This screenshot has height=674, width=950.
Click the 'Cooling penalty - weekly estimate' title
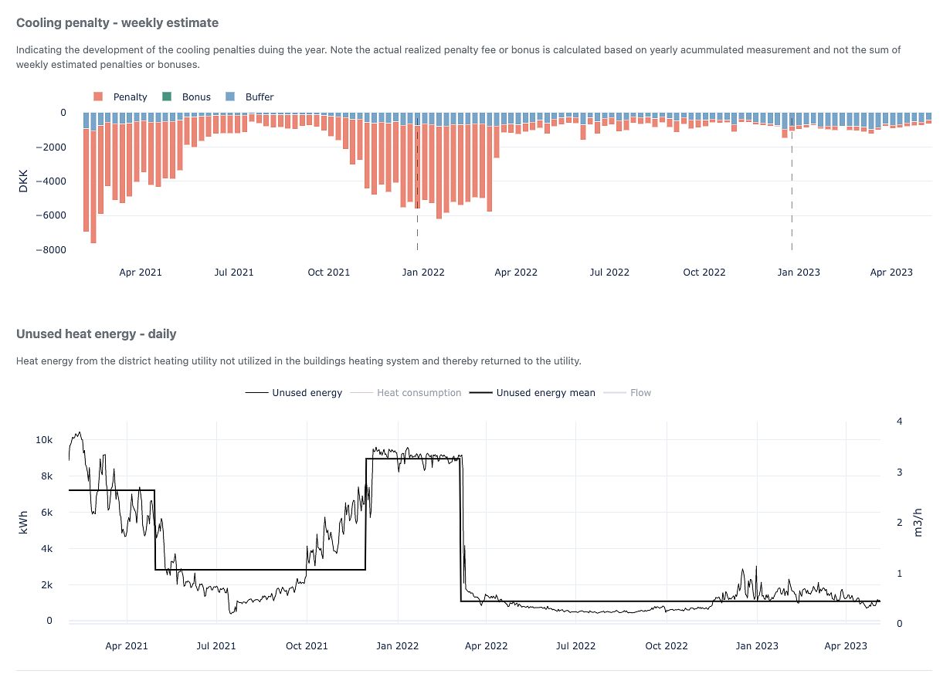point(117,23)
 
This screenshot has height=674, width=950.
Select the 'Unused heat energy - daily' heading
point(97,334)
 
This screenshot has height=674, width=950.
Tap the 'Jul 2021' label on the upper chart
point(233,273)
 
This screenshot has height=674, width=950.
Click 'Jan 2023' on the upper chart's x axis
point(799,273)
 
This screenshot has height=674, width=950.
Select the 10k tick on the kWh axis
point(44,440)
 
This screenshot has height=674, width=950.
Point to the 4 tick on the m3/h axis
point(899,421)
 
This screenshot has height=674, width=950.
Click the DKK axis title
point(23,181)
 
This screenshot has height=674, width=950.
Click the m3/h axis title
point(918,523)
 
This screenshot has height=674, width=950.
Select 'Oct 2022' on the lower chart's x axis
point(667,646)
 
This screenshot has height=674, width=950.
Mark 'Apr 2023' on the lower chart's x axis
point(846,646)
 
